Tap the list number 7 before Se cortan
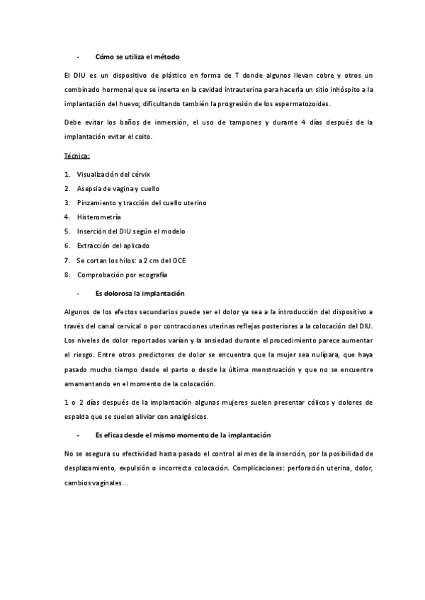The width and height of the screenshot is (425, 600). (66, 260)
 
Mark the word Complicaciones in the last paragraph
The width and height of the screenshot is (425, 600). (302, 469)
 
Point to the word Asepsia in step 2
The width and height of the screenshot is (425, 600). (89, 188)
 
